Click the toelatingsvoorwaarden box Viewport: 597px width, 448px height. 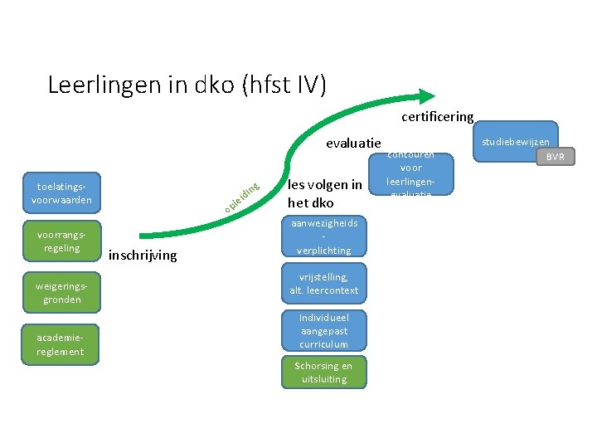(x=61, y=192)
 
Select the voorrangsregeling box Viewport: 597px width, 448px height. (x=61, y=241)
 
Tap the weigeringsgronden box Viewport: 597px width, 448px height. (x=61, y=292)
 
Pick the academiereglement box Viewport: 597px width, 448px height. (x=61, y=344)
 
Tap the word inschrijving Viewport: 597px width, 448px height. (x=143, y=256)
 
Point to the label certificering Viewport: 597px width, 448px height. (x=437, y=117)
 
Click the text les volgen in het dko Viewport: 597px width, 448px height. (x=324, y=193)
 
